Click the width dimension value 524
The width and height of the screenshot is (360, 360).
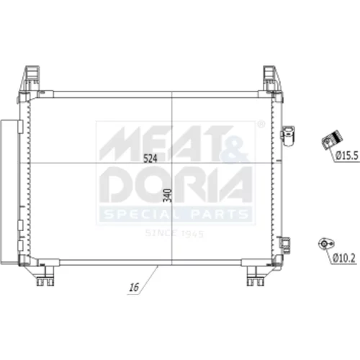pyautogui.click(x=150, y=158)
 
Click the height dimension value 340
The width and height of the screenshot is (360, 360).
pyautogui.click(x=168, y=196)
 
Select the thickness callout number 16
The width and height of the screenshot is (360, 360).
pyautogui.click(x=134, y=287)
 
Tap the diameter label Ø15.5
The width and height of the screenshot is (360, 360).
pyautogui.click(x=347, y=156)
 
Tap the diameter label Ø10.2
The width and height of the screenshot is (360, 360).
pyautogui.click(x=344, y=258)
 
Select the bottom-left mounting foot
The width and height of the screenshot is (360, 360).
pyautogui.click(x=45, y=276)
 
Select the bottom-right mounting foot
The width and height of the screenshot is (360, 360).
pyautogui.click(x=256, y=276)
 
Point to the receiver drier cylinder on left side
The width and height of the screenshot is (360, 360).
pyautogui.click(x=9, y=192)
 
